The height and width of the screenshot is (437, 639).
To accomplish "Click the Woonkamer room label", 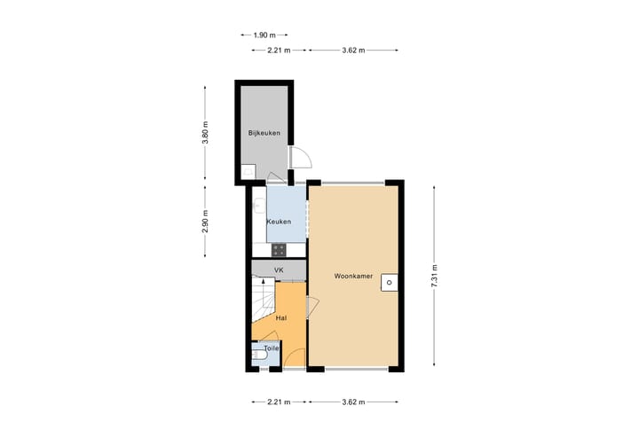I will click(352, 276).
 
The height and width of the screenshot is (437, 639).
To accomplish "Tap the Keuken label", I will click(280, 221).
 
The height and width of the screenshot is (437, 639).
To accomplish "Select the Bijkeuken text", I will click(264, 134).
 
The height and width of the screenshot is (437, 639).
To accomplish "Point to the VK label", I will click(279, 269).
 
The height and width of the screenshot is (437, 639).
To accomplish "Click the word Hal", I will click(281, 317).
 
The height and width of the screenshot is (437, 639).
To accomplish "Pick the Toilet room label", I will click(271, 348).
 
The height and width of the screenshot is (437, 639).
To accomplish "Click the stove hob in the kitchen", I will click(278, 248).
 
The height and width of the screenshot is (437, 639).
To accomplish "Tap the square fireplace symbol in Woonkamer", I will click(388, 283).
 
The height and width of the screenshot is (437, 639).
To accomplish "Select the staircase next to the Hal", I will click(263, 307).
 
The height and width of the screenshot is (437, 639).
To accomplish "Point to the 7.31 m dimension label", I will click(433, 275).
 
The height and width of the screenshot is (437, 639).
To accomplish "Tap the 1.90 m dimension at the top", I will click(264, 35).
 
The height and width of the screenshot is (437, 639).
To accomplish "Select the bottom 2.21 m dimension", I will click(279, 402).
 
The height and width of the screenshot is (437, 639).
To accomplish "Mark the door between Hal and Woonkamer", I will click(312, 308).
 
